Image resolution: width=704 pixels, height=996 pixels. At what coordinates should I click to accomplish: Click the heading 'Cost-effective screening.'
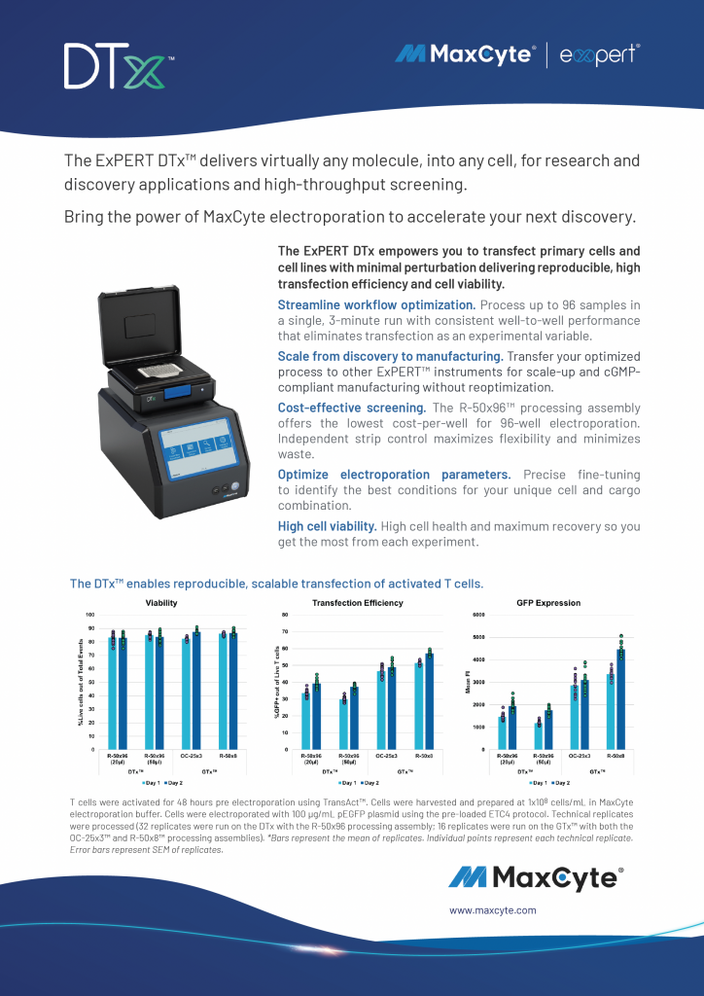352,408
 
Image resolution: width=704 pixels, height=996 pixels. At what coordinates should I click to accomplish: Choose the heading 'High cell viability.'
327,526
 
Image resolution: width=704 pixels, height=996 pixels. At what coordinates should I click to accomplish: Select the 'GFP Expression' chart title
548,603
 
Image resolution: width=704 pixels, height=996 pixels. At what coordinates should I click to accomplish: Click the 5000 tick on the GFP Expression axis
478,637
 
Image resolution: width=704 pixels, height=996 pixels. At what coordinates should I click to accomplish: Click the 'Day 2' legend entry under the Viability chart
176,782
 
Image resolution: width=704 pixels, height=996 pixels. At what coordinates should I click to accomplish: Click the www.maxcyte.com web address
492,910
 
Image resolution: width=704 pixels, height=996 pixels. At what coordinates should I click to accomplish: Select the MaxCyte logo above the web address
535,877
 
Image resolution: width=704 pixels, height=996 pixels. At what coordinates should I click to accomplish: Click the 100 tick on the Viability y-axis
90,616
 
